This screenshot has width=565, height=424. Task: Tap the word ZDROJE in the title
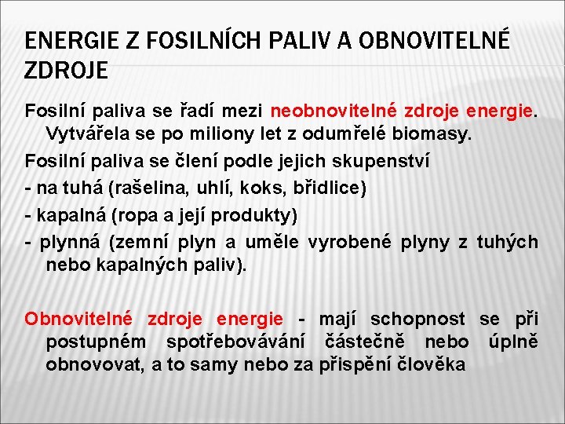[x=67, y=71]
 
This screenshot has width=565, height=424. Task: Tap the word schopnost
[x=417, y=319]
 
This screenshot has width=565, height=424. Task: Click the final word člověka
[x=432, y=364]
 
